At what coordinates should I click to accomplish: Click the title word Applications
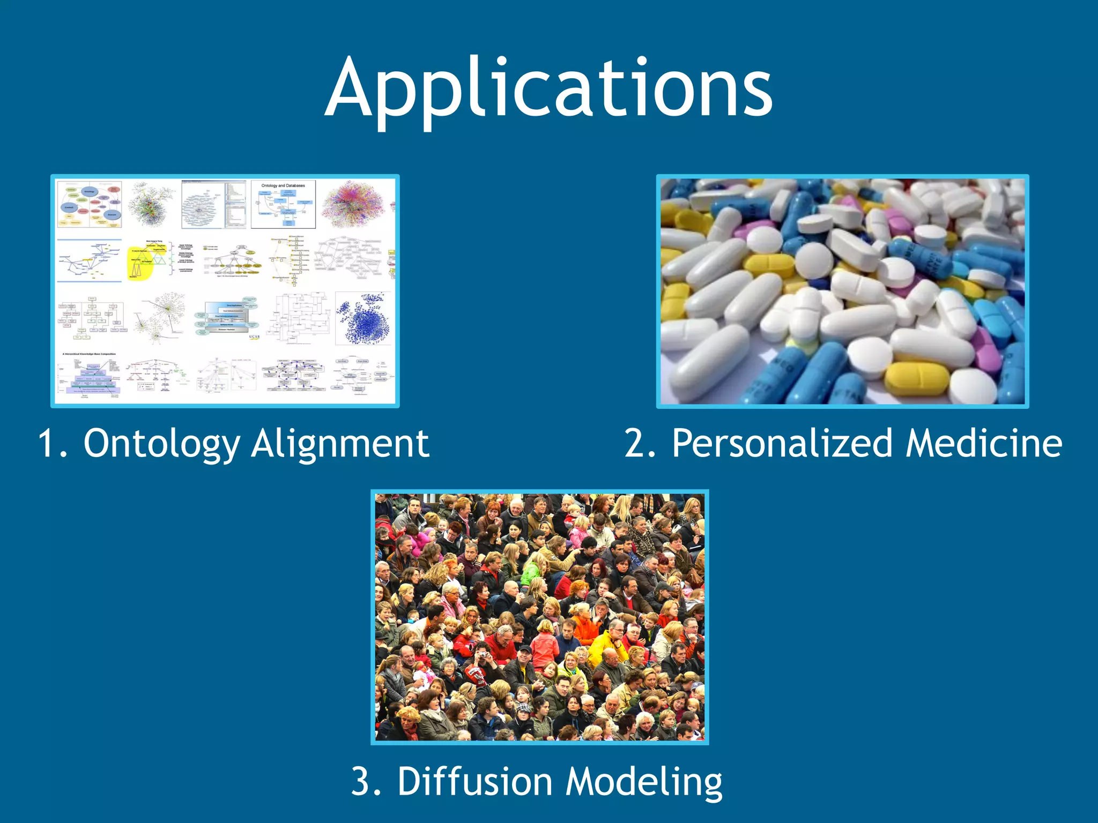tap(548, 88)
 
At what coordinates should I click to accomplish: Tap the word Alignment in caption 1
tap(340, 444)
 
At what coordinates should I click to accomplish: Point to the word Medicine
tap(984, 444)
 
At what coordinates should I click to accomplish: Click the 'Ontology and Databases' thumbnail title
tap(283, 186)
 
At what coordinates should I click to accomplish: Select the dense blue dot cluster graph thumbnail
tap(363, 318)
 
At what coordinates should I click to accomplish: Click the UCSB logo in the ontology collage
tap(254, 337)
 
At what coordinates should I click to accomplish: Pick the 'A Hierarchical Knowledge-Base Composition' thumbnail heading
tap(89, 354)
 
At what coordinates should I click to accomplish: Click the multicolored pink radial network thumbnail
tap(353, 204)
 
